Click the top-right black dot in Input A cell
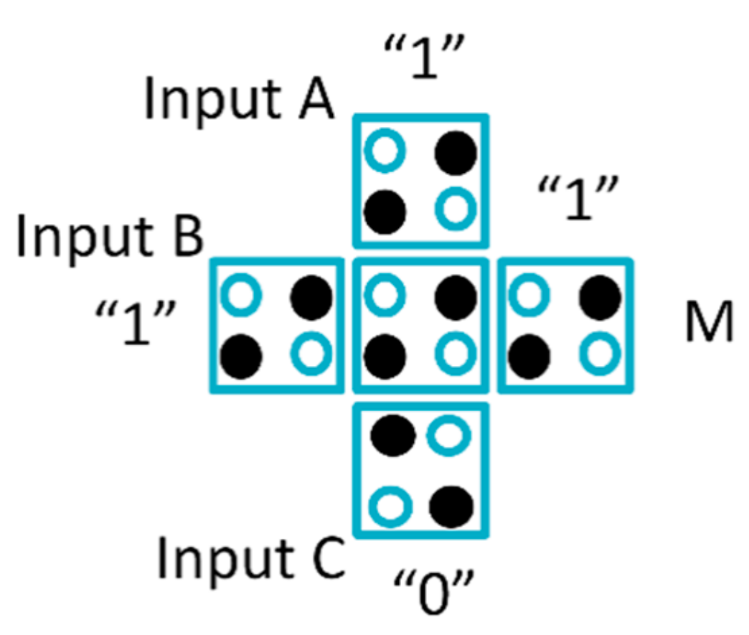coord(456,152)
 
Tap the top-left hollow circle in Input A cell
coord(385,152)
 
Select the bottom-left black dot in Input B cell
coord(240,354)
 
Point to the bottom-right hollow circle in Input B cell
coord(311,353)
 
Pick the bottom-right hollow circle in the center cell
coord(456,353)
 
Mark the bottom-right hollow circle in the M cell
coord(600,353)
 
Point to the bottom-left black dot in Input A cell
coord(385,210)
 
